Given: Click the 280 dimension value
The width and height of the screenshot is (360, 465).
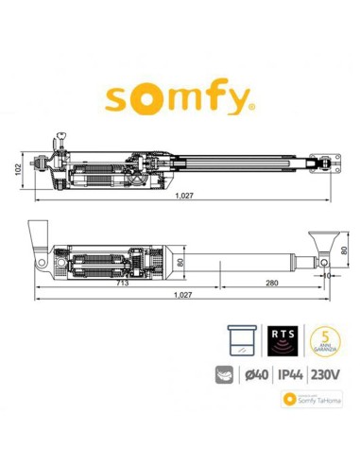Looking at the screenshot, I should (x=271, y=281).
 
